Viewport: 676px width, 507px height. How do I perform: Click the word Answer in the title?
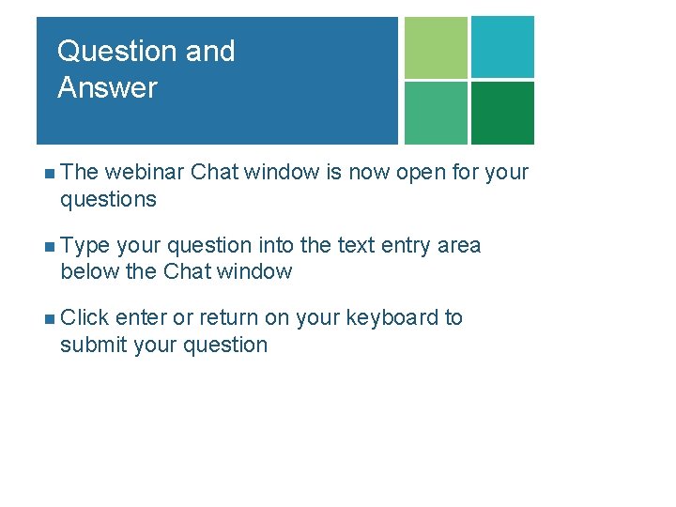(x=107, y=88)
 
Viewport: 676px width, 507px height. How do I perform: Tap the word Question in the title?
(x=116, y=51)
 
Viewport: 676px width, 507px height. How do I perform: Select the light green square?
(x=436, y=48)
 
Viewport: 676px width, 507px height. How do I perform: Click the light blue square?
(x=502, y=47)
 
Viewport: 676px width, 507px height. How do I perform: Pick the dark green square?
(x=502, y=113)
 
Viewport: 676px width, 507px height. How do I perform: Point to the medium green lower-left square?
(x=436, y=113)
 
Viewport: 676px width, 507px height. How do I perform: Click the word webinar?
(x=145, y=173)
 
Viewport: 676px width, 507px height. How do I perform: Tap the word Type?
(x=85, y=246)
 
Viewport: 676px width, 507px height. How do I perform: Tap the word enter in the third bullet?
(x=141, y=317)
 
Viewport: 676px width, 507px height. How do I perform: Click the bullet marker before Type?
(x=49, y=247)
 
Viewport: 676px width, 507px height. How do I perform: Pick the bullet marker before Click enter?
(x=49, y=318)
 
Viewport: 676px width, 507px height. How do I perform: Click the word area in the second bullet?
(x=460, y=246)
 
